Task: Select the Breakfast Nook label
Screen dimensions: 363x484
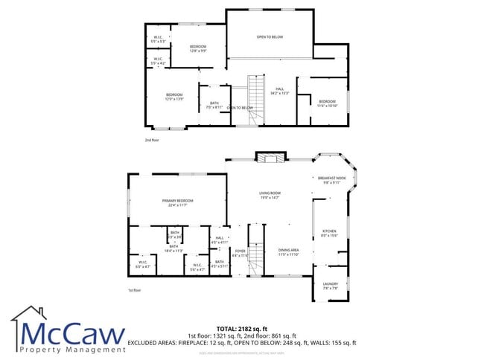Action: click(331, 180)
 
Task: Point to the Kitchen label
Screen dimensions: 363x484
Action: click(329, 234)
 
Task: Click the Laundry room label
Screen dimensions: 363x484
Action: click(331, 285)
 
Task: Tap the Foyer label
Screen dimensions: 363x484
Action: click(240, 253)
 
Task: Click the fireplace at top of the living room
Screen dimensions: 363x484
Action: click(269, 157)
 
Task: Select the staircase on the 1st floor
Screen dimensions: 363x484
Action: click(256, 257)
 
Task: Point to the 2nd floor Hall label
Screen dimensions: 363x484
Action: click(280, 91)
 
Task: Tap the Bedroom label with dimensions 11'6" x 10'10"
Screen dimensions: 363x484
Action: click(328, 103)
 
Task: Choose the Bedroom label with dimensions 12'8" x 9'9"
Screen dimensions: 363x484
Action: click(197, 49)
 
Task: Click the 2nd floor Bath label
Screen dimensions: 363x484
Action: click(214, 105)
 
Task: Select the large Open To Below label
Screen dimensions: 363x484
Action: click(270, 37)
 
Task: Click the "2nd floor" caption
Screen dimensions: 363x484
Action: click(153, 140)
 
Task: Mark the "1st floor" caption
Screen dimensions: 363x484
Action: click(134, 290)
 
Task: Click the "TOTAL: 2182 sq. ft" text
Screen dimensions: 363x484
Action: click(242, 328)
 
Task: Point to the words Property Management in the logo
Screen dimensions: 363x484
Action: click(72, 349)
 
